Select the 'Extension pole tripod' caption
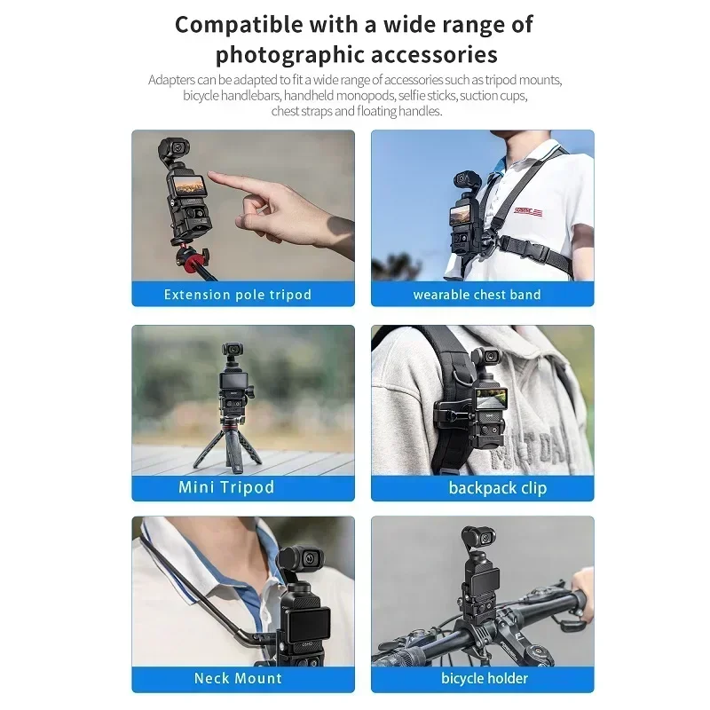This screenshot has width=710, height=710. tap(238, 295)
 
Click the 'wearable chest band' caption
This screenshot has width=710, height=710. tap(477, 295)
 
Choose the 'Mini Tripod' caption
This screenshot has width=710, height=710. tap(226, 487)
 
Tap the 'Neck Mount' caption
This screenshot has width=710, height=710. tap(238, 679)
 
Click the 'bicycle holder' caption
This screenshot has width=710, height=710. tap(485, 679)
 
